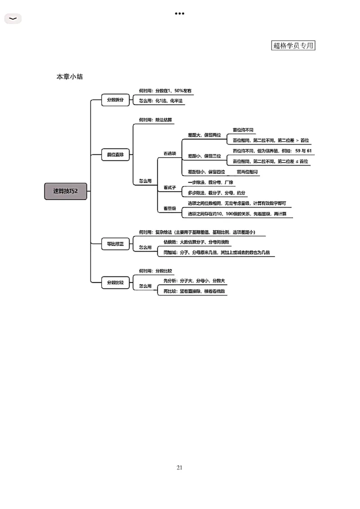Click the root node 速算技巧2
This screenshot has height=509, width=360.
click(66, 191)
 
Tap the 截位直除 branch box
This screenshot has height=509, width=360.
click(115, 155)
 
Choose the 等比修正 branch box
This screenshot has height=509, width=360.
click(115, 244)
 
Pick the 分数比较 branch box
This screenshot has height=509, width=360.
click(115, 283)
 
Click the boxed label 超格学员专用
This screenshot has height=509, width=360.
click(293, 45)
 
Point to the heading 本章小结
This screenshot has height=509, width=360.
click(70, 77)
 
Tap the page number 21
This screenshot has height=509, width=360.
click(180, 468)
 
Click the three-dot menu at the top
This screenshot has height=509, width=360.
click(180, 13)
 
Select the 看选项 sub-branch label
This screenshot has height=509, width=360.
click(170, 154)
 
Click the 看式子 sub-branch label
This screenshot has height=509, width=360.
click(169, 187)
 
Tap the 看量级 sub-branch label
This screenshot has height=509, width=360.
click(170, 209)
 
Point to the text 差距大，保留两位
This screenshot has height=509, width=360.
click(204, 135)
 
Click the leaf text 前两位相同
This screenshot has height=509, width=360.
click(248, 172)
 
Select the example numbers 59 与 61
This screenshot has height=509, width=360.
click(303, 151)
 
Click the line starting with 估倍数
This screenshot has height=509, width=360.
click(197, 242)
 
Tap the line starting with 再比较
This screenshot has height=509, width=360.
click(194, 291)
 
